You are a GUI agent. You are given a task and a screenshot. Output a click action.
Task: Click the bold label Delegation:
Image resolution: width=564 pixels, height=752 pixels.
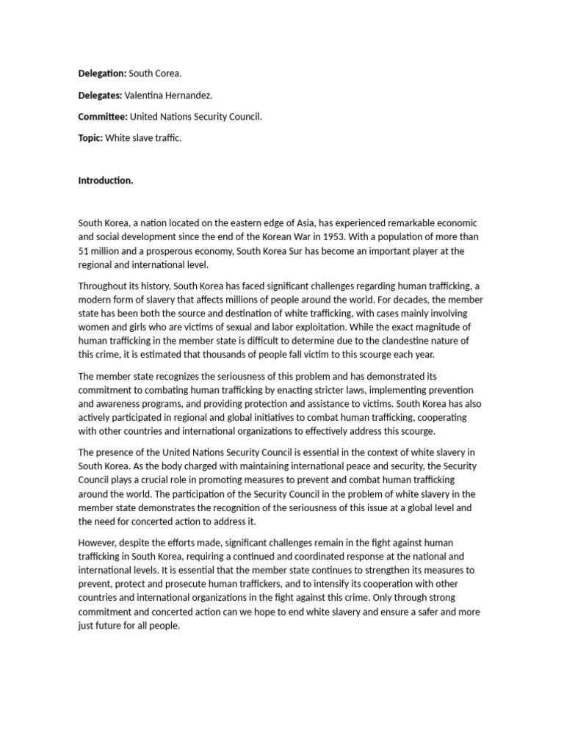[102, 74]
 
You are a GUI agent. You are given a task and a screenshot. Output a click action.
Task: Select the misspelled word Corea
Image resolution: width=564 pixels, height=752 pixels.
[169, 74]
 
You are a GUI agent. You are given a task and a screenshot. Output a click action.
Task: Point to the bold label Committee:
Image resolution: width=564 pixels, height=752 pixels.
[103, 117]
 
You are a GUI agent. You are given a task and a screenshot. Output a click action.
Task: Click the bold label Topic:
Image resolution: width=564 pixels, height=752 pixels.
[90, 138]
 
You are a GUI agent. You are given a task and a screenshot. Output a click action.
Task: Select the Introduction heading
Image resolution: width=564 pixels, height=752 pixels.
[106, 181]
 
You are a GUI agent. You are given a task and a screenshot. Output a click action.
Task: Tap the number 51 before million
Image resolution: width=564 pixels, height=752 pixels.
[84, 251]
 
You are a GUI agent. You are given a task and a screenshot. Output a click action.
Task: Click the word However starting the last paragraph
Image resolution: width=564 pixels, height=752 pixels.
[98, 542]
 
